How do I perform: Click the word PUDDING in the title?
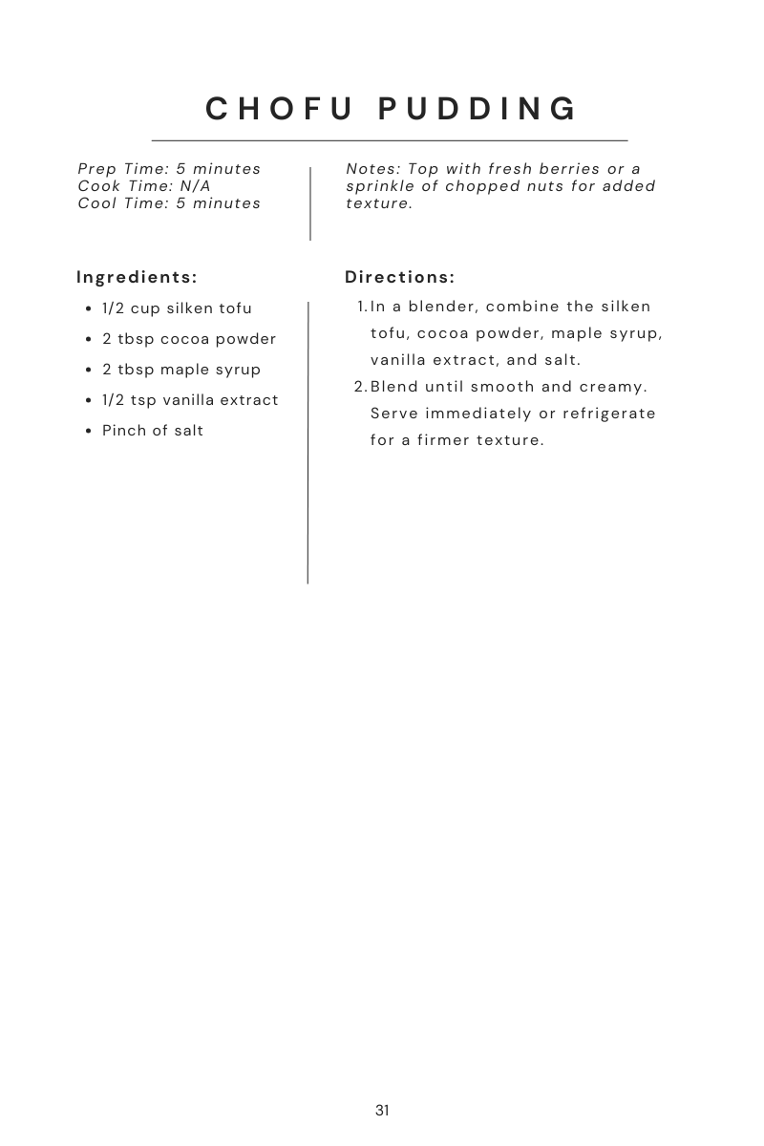[x=478, y=109]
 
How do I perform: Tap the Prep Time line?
[x=169, y=169]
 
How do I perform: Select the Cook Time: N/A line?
[x=144, y=186]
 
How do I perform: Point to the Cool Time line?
[x=169, y=203]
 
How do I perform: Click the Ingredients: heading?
[x=137, y=278]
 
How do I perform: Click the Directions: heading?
[x=400, y=278]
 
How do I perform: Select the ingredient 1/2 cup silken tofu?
[x=177, y=308]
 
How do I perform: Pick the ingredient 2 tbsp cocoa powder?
[x=189, y=339]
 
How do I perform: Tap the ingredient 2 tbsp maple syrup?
[x=181, y=370]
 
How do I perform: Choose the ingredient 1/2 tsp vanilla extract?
[x=190, y=400]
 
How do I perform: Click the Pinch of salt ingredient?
[x=153, y=431]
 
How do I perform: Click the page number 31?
[x=382, y=1111]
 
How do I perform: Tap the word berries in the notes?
[x=571, y=169]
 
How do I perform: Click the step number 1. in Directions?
[x=362, y=308]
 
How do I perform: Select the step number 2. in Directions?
[x=360, y=387]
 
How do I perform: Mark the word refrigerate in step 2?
[x=608, y=414]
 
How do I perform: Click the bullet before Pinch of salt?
[x=90, y=432]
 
